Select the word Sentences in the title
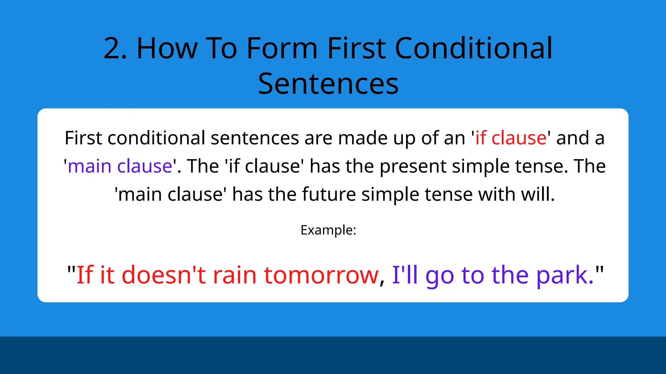[x=328, y=84]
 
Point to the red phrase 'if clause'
[x=511, y=138]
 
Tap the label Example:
[x=328, y=230]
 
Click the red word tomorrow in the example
[x=321, y=275]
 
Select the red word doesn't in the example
[x=164, y=275]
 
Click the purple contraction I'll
[x=405, y=275]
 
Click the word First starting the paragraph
[x=83, y=138]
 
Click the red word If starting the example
[x=85, y=275]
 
